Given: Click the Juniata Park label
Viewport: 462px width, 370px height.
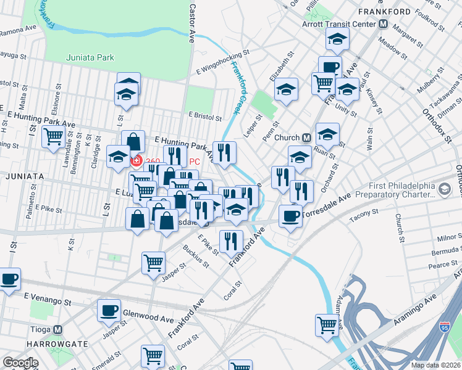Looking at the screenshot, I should (90, 58).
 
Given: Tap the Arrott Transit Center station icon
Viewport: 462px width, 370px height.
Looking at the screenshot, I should (383, 24).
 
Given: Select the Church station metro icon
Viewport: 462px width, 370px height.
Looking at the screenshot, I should (307, 137).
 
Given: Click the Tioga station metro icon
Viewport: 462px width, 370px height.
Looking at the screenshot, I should (59, 329).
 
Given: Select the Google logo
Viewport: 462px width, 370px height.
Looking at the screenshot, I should (20, 363).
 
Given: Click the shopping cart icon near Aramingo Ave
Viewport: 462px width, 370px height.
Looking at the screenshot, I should (326, 324).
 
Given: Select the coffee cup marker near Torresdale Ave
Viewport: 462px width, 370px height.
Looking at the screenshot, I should (290, 215).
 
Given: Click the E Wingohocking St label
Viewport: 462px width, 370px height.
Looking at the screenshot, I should (223, 61).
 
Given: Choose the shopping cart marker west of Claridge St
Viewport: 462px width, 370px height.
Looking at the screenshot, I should (53, 136).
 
